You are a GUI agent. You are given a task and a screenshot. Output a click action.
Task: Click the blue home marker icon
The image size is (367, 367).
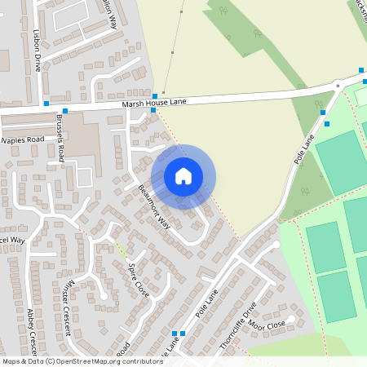(183, 176)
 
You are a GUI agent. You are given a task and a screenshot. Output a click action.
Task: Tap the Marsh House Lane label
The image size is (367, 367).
(154, 102)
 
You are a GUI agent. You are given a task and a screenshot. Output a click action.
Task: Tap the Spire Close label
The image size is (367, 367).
(139, 280)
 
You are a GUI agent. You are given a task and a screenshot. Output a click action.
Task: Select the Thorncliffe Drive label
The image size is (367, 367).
(238, 325)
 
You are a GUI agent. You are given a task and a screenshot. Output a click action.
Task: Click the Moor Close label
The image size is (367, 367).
(268, 324)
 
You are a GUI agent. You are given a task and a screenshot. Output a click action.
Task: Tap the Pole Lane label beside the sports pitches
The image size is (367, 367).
(303, 150)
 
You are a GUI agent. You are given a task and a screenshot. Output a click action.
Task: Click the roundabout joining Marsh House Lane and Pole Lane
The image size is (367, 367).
(337, 85)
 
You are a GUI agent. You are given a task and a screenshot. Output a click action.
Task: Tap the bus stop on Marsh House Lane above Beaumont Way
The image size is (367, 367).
(154, 95)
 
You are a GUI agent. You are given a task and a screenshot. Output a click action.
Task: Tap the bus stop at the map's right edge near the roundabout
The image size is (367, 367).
(361, 72)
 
